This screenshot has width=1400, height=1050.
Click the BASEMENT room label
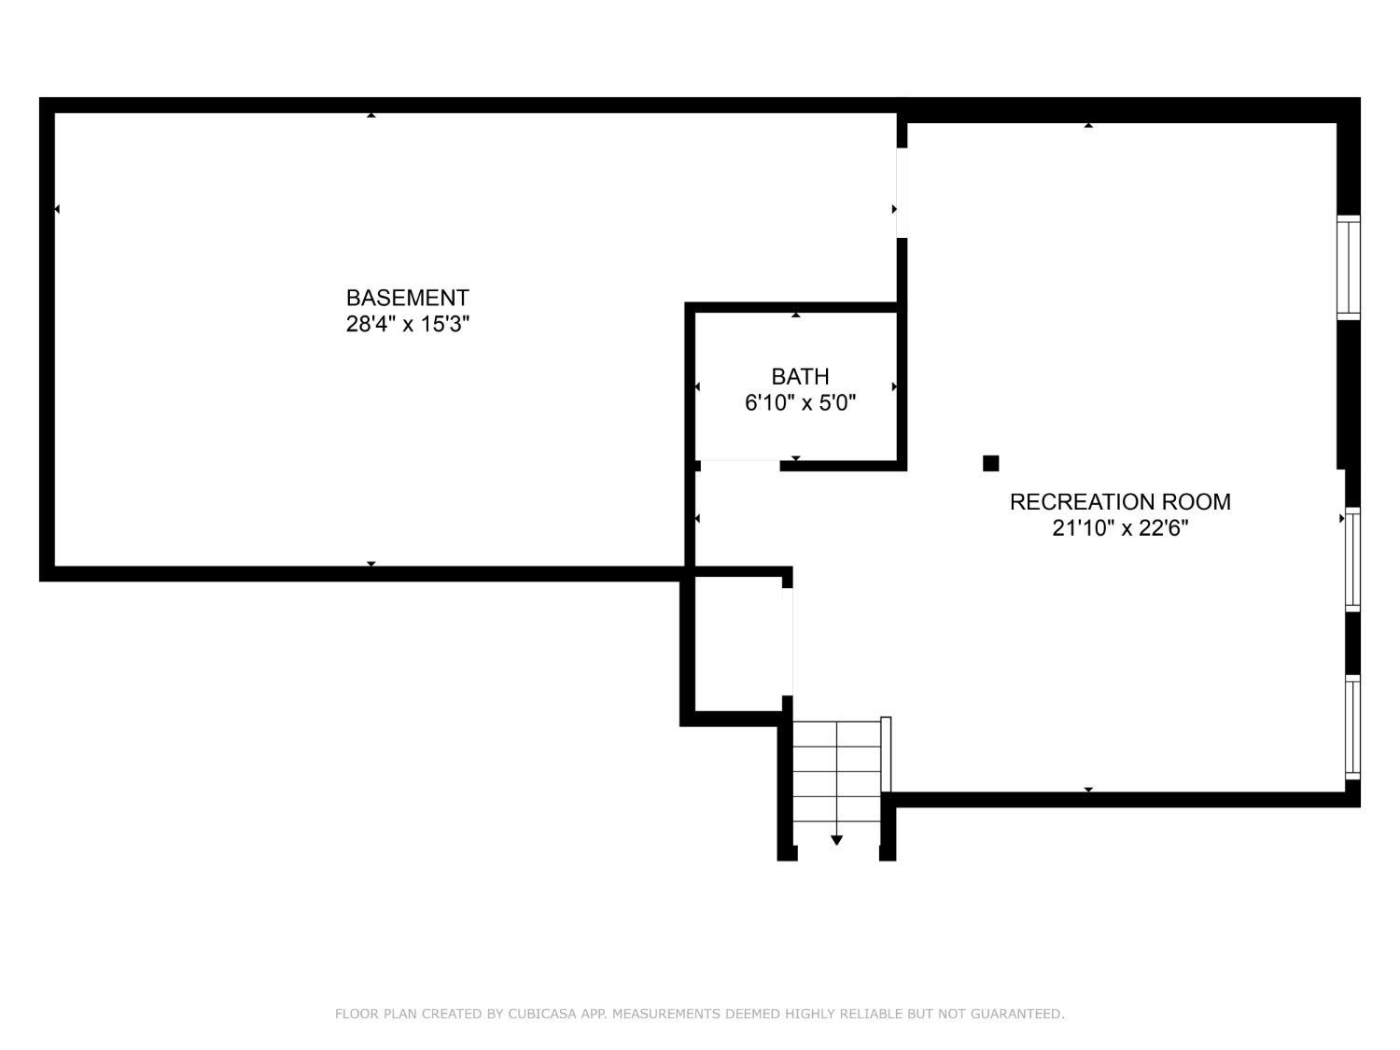pyautogui.click(x=407, y=298)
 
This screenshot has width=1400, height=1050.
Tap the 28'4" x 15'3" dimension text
pyautogui.click(x=407, y=325)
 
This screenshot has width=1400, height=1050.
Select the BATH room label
pyautogui.click(x=800, y=376)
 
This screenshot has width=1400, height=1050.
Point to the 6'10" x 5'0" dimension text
pyautogui.click(x=800, y=403)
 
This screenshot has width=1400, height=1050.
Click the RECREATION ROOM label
pyautogui.click(x=1120, y=502)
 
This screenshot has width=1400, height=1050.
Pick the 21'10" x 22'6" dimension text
pyautogui.click(x=1120, y=528)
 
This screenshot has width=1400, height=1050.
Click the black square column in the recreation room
pyautogui.click(x=991, y=463)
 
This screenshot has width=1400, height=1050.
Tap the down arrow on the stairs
pyautogui.click(x=836, y=840)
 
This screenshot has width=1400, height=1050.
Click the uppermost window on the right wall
pyautogui.click(x=1349, y=268)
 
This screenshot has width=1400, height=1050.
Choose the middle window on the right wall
pyautogui.click(x=1351, y=559)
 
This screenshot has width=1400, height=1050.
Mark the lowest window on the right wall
pyautogui.click(x=1351, y=726)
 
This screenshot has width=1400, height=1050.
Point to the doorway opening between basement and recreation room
pyautogui.click(x=901, y=193)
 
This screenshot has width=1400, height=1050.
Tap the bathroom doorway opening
pyautogui.click(x=737, y=462)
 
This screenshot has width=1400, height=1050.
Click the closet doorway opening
pyautogui.click(x=787, y=641)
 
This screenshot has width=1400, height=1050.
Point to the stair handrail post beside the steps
pyautogui.click(x=886, y=754)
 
